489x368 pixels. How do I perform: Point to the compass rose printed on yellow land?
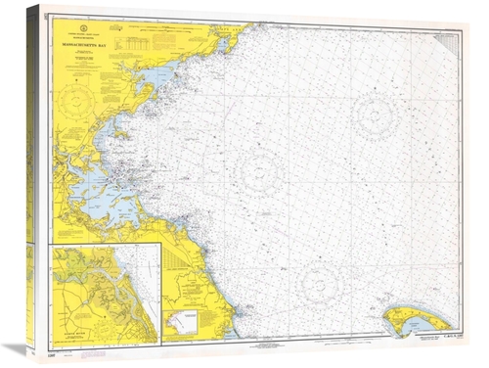[75, 101]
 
